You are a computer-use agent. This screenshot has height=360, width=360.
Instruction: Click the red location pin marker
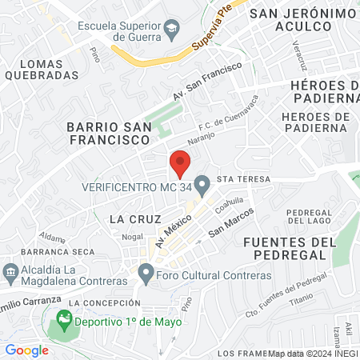(x=180, y=162)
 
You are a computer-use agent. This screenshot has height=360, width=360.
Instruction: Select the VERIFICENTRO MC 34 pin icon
(x=202, y=186)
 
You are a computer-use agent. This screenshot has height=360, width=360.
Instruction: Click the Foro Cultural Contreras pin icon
(x=146, y=274)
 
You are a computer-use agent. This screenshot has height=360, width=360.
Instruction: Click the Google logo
(x=26, y=350)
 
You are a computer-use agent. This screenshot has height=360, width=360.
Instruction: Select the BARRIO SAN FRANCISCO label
(x=108, y=133)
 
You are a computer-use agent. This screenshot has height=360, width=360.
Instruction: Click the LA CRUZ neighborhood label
(x=135, y=218)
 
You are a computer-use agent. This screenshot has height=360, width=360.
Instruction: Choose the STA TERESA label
(x=238, y=179)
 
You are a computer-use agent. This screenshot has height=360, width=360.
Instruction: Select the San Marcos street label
(x=231, y=222)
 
